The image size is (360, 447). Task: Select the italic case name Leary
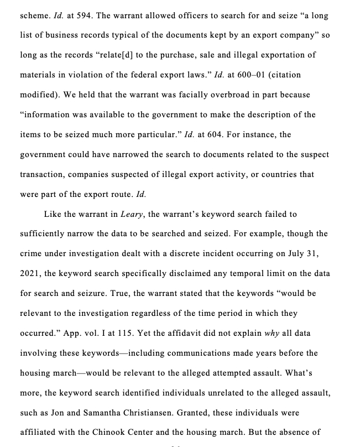(x=132, y=214)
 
